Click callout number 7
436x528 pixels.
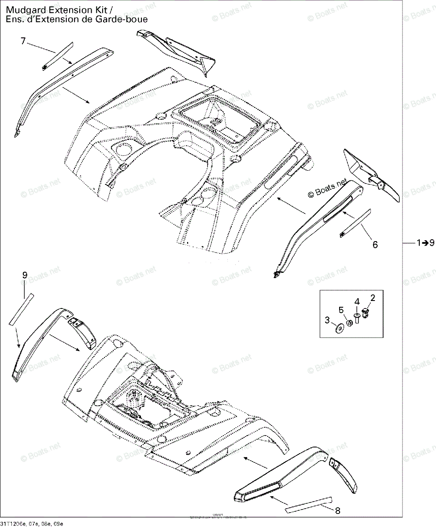click(x=23, y=41)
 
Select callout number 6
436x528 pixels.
click(x=375, y=245)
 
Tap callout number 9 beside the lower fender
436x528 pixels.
click(x=25, y=275)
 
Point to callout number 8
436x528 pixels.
click(x=338, y=511)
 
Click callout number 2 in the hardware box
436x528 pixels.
click(x=373, y=298)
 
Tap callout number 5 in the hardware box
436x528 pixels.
click(x=341, y=310)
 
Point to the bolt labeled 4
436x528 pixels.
click(x=357, y=318)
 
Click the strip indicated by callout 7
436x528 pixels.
click(x=57, y=55)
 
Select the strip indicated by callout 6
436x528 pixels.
click(x=355, y=223)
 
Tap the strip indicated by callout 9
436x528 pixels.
click(x=21, y=308)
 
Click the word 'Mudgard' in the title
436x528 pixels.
click(x=22, y=11)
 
